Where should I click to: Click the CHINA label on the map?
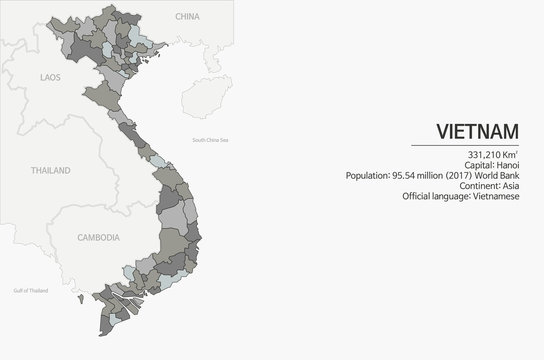point(187,17)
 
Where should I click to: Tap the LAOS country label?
point(50,76)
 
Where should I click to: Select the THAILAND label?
point(50,171)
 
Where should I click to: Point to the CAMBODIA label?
point(98,238)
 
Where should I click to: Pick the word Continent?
point(474,187)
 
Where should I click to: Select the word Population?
point(365,176)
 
